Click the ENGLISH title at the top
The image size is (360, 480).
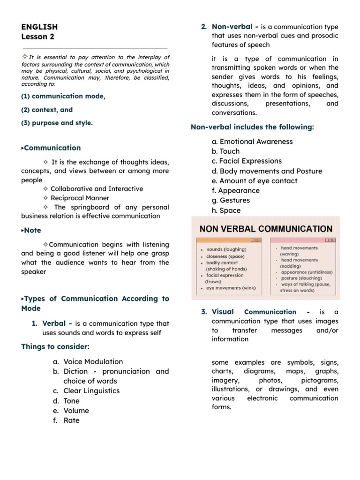coord(39,27)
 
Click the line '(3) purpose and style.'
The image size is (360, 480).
coord(57,123)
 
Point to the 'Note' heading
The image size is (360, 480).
coord(32,230)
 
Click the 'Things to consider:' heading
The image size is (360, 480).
coord(55,347)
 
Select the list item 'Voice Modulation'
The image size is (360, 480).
coord(93,361)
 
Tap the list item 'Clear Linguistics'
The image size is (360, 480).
coord(91,391)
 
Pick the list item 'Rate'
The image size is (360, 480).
coord(71,420)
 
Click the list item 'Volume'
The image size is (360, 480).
coord(76,411)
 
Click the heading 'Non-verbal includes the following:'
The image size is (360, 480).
coord(252,127)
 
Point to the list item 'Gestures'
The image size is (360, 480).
coord(234,201)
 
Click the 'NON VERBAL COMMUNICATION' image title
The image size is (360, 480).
coord(266,229)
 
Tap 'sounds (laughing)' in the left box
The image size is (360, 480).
coord(226,250)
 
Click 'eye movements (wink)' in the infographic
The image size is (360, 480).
coord(231,288)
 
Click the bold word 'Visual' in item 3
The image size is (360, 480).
coord(223,312)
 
